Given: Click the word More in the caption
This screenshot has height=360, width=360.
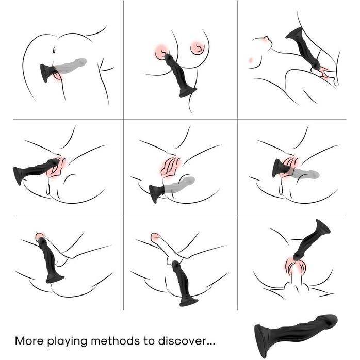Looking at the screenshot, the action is click(29, 341).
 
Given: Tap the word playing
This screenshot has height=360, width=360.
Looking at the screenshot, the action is click(67, 341).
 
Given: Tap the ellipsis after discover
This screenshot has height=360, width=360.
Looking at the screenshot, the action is click(211, 344).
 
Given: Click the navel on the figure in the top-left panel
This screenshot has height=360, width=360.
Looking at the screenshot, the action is click(54, 50).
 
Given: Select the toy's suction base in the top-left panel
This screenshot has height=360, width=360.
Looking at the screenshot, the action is click(46, 72).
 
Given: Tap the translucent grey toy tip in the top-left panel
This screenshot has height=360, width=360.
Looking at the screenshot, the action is click(81, 62).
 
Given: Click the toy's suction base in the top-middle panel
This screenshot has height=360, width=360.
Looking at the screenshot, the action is click(188, 92).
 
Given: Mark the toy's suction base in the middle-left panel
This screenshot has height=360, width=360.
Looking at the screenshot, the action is click(18, 176).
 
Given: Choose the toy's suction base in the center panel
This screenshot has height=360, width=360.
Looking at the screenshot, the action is click(154, 193).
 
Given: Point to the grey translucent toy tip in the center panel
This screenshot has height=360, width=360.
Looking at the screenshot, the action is click(189, 181).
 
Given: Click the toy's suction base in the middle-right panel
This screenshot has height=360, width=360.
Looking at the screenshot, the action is click(277, 169).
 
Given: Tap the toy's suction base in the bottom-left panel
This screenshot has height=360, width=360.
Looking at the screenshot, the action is click(55, 279).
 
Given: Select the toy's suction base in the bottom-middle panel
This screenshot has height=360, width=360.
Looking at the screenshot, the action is click(189, 302).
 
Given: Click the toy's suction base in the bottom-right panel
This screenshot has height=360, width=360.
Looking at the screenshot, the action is click(323, 227).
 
